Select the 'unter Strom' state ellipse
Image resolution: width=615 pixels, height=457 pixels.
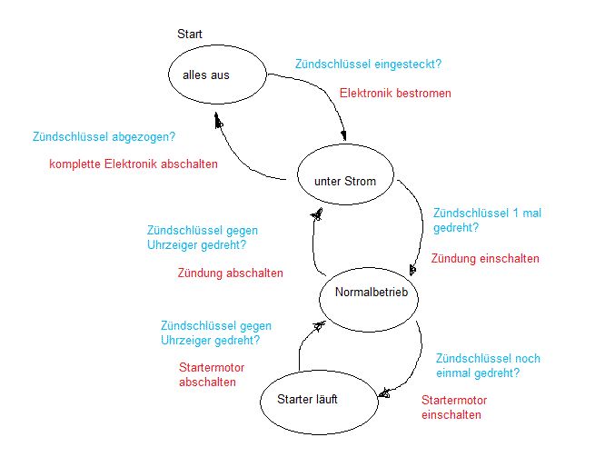pyautogui.click(x=345, y=181)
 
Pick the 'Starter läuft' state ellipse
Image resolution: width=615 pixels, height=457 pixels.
pyautogui.click(x=318, y=400)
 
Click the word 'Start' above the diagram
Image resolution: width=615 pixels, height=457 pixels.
pyautogui.click(x=190, y=35)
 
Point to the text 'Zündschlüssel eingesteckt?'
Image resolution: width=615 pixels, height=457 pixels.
pyautogui.click(x=374, y=65)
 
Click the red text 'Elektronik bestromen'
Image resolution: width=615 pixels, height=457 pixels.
pyautogui.click(x=395, y=93)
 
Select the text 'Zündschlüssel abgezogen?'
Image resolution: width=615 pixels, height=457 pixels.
pyautogui.click(x=104, y=138)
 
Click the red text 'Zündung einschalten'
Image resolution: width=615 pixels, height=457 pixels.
pyautogui.click(x=485, y=259)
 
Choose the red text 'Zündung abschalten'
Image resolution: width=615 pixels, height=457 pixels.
pyautogui.click(x=231, y=273)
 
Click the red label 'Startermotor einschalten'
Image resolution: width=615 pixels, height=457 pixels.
pyautogui.click(x=454, y=408)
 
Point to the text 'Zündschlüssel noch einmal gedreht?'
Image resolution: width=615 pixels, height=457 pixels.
pyautogui.click(x=488, y=365)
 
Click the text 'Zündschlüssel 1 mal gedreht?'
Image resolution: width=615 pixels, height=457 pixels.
pyautogui.click(x=486, y=220)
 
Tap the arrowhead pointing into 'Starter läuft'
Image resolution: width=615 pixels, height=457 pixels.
pyautogui.click(x=384, y=392)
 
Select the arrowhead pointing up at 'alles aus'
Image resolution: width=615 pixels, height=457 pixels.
pyautogui.click(x=217, y=119)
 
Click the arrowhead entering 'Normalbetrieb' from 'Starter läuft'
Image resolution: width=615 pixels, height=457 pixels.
pyautogui.click(x=318, y=323)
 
